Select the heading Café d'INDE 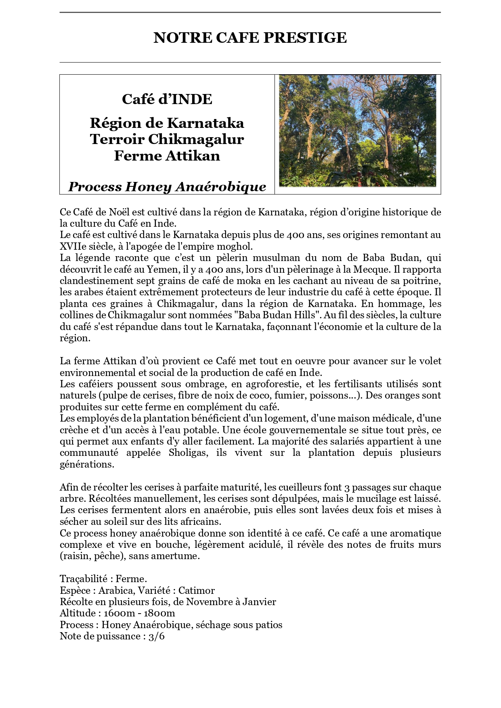point(167,99)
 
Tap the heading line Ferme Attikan point(167,156)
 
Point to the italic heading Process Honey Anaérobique point(167,187)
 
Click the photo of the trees point(357,131)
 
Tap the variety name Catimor point(197,591)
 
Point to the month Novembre point(210,602)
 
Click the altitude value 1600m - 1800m point(139,614)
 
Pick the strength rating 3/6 point(157,637)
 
